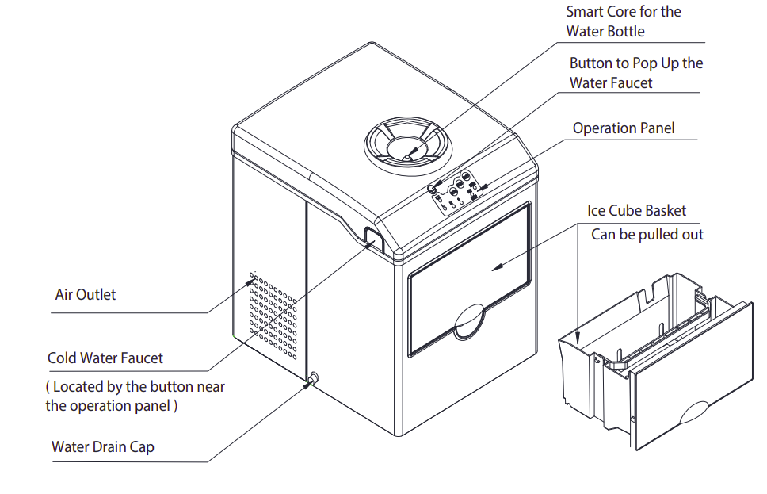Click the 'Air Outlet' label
[x=86, y=295]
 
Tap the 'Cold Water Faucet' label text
[x=105, y=358]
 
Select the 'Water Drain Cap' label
[x=103, y=447]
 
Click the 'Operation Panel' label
[x=624, y=128]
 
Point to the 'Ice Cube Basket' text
[x=637, y=211]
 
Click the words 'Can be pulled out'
[x=647, y=235]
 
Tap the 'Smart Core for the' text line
[x=624, y=12]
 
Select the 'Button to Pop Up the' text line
[x=636, y=63]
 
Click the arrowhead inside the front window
[x=494, y=268]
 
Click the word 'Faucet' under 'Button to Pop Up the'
[x=631, y=82]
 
